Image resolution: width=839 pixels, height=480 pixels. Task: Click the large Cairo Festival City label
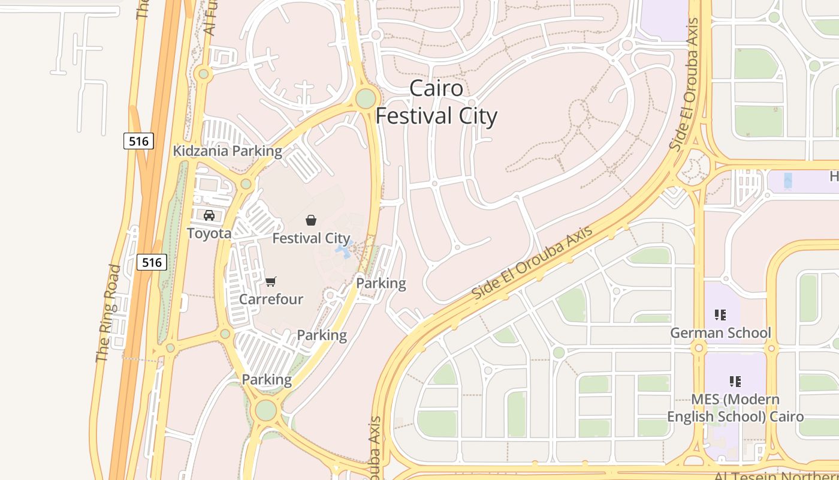click(x=436, y=102)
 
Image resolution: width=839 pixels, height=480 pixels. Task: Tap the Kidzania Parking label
click(x=227, y=151)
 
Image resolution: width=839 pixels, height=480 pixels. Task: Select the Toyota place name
click(x=209, y=233)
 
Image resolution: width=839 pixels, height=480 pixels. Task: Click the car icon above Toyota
click(x=209, y=215)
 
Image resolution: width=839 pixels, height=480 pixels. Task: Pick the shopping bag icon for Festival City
click(x=310, y=220)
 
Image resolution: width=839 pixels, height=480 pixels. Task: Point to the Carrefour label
click(x=271, y=299)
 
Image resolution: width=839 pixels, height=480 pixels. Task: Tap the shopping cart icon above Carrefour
click(x=271, y=281)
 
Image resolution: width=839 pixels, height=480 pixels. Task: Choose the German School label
click(x=720, y=332)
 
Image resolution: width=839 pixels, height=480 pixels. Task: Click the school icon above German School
click(x=720, y=314)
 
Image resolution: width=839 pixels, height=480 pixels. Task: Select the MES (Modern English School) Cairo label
click(x=735, y=407)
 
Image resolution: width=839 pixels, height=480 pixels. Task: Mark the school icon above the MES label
click(x=735, y=381)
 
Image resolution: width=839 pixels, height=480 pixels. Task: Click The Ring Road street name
click(x=108, y=313)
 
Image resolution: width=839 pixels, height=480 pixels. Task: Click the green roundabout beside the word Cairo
click(x=366, y=98)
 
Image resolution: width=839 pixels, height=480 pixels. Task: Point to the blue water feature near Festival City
click(x=343, y=250)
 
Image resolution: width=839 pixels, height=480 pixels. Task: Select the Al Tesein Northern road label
click(x=776, y=475)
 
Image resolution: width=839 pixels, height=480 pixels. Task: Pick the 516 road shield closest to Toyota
click(x=152, y=262)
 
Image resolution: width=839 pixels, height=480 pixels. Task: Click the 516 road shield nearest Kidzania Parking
click(x=139, y=141)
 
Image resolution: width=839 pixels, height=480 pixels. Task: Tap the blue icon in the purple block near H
click(x=787, y=179)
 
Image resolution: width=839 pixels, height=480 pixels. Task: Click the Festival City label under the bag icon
click(x=311, y=238)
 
